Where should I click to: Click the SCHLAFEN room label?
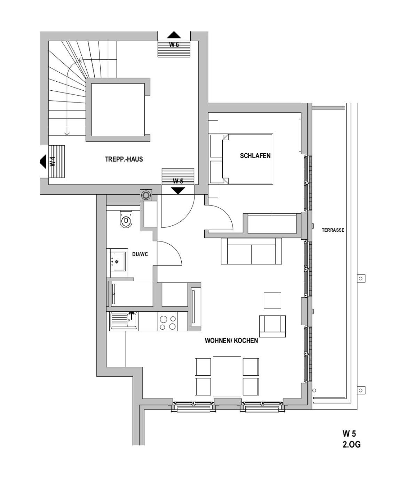(x=255, y=156)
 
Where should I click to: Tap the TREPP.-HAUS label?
(x=124, y=159)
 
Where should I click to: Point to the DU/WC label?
(x=140, y=254)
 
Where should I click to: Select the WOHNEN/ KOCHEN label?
(x=231, y=341)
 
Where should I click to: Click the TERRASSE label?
(x=333, y=230)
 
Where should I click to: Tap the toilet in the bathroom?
(x=126, y=219)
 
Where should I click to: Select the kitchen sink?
(x=124, y=321)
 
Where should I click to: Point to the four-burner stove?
(x=167, y=321)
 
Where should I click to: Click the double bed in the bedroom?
(x=241, y=159)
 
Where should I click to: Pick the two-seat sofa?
(x=251, y=251)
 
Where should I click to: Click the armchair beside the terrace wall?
(x=272, y=326)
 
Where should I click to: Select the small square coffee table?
(x=272, y=301)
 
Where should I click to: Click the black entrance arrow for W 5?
(x=178, y=190)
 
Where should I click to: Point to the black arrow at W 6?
(x=174, y=35)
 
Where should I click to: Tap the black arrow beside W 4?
(x=43, y=162)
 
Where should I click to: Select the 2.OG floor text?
(x=351, y=444)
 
